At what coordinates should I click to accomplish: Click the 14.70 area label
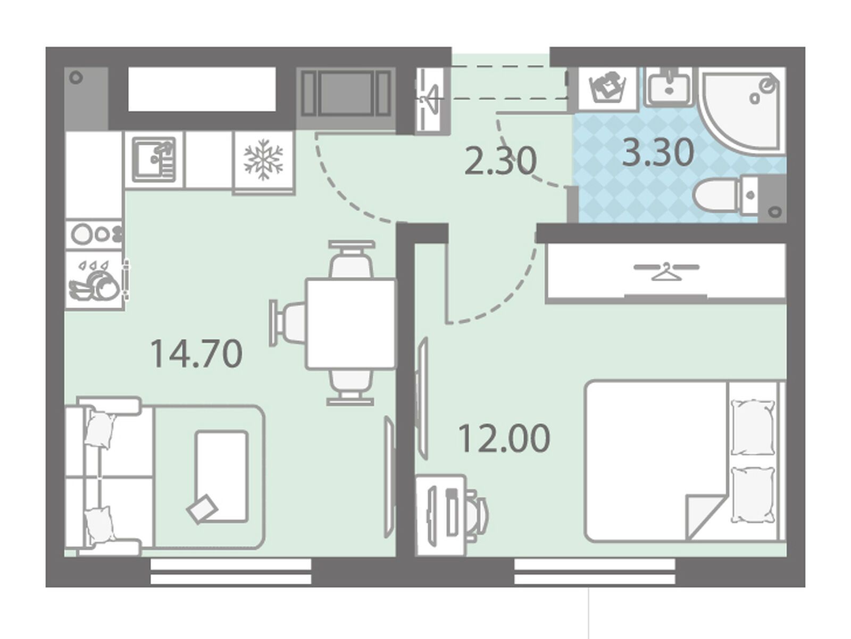[x=196, y=354]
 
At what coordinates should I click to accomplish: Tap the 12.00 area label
[x=504, y=438]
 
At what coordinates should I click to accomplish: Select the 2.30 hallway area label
[x=500, y=160]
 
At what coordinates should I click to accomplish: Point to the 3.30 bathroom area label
[x=658, y=152]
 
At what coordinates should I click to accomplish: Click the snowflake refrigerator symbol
[x=263, y=160]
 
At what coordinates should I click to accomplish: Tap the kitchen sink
[x=154, y=160]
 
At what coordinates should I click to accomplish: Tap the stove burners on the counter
[x=95, y=234]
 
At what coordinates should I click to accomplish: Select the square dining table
[x=351, y=323]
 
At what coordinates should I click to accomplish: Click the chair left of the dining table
[x=288, y=323]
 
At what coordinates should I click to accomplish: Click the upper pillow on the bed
[x=752, y=427]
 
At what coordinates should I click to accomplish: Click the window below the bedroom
[x=594, y=571]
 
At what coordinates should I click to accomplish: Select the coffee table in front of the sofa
[x=222, y=477]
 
